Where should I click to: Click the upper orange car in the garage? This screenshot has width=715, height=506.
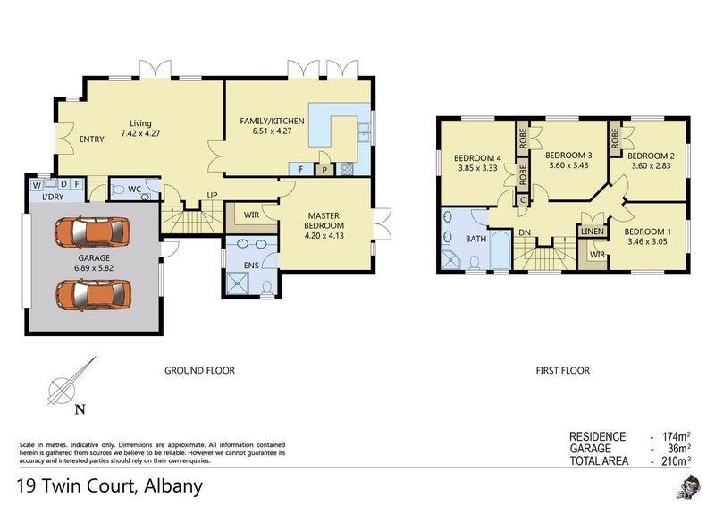[x=92, y=232]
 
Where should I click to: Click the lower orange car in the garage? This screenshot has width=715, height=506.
[x=92, y=292]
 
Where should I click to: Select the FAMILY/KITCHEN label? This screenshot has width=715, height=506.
[x=273, y=121]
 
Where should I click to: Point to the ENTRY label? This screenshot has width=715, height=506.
[x=92, y=139]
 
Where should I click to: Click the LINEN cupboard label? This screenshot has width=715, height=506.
[x=593, y=232]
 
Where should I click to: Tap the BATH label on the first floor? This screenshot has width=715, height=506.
[x=476, y=239]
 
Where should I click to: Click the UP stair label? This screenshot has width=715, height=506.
[x=212, y=195]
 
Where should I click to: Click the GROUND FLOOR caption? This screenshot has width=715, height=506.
[x=199, y=370]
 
